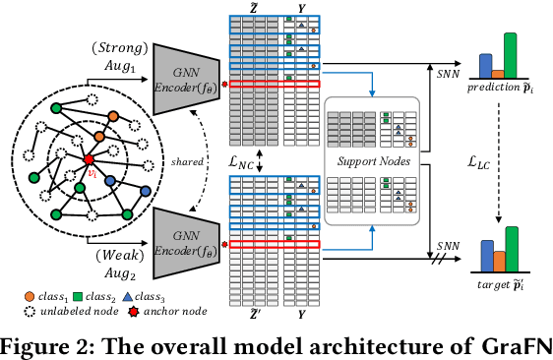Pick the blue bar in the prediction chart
(485, 65)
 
